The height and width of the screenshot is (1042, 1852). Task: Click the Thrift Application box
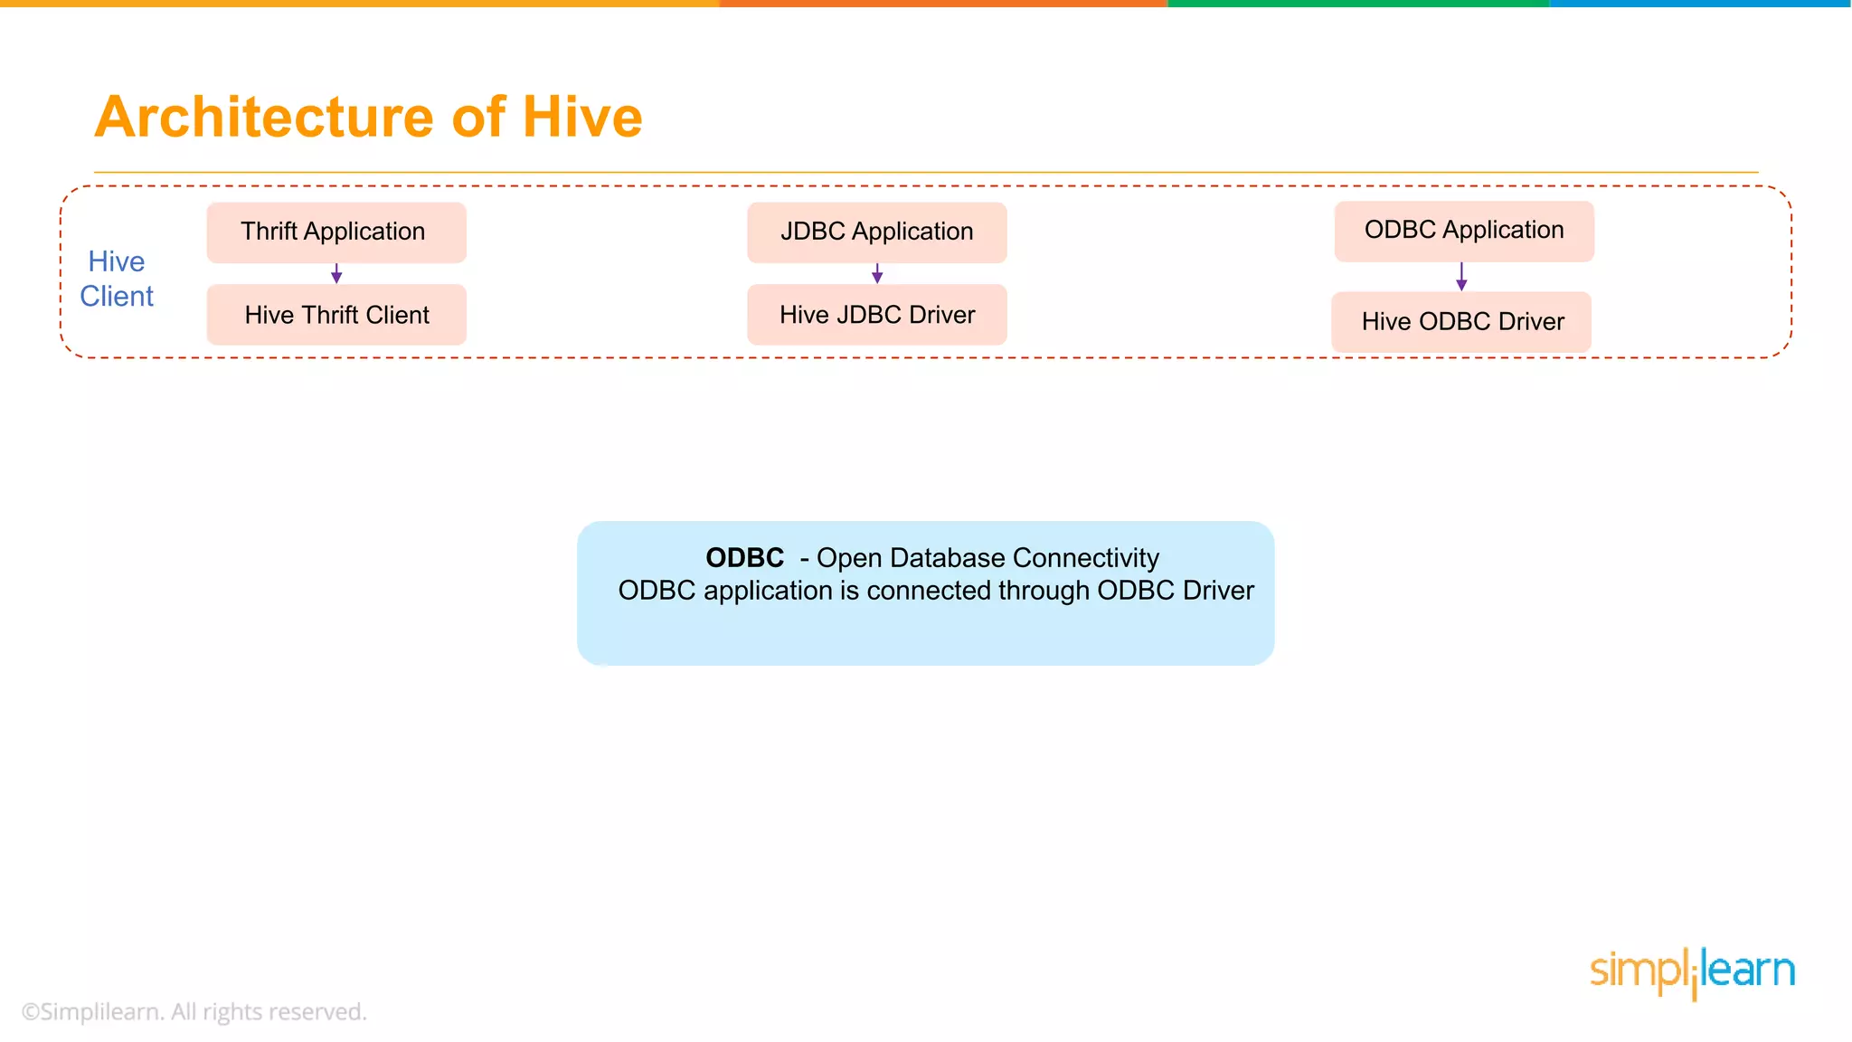coord(335,232)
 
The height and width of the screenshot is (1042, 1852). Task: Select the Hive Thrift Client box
coord(335,315)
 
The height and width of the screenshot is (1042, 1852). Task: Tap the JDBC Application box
coord(876,232)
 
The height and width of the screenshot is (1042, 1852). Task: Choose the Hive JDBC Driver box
coord(876,315)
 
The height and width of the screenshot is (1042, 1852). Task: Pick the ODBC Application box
coord(1463,231)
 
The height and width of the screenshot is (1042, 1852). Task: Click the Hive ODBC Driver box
coord(1460,322)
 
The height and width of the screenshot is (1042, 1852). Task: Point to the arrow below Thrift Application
coord(336,274)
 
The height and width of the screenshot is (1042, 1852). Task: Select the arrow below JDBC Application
coord(876,274)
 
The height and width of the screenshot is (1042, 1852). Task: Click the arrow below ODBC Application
coord(1461,277)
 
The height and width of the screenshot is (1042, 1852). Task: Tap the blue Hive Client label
coord(117,279)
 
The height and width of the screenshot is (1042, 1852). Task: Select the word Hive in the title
coord(581,118)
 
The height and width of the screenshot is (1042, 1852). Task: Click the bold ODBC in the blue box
coord(744,558)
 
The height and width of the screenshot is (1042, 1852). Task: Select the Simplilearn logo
coord(1692,971)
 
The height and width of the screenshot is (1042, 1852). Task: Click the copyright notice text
coord(194,1011)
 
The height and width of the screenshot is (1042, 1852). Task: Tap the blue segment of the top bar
coord(1700,4)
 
